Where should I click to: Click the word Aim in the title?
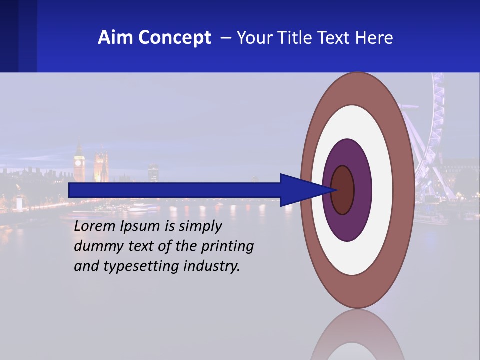115,38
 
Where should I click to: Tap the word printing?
227,246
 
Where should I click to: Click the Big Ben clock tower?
79,162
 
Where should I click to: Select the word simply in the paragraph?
200,226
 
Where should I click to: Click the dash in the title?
225,38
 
